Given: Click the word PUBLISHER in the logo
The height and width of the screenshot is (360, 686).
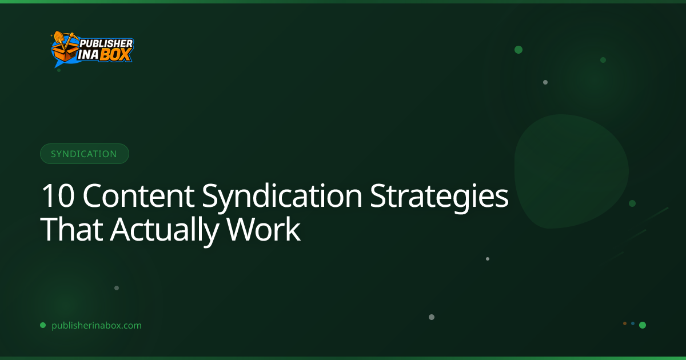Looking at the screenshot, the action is pyautogui.click(x=106, y=43).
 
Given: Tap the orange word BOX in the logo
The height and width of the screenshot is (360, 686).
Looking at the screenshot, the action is pyautogui.click(x=116, y=55).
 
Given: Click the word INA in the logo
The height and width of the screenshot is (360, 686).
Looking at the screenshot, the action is pyautogui.click(x=88, y=55).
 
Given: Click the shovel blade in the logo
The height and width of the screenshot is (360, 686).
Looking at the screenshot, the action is pyautogui.click(x=58, y=37).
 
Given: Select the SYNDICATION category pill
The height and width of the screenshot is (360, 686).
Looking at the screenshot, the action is pyautogui.click(x=85, y=154).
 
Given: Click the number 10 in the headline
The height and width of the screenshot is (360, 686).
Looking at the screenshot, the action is pyautogui.click(x=58, y=196).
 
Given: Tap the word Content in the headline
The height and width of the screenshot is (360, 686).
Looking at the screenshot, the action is pyautogui.click(x=138, y=196).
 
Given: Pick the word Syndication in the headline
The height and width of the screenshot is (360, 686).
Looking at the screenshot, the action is pyautogui.click(x=282, y=198).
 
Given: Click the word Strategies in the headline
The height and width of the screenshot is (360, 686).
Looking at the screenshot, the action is pyautogui.click(x=439, y=198).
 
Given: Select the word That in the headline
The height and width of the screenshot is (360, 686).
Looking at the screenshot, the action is pyautogui.click(x=71, y=229).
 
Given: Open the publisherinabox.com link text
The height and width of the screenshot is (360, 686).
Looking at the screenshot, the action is pyautogui.click(x=97, y=325).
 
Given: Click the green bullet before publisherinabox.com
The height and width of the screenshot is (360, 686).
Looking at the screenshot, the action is pyautogui.click(x=43, y=325).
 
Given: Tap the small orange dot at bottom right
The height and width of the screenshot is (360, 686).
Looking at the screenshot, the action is pyautogui.click(x=625, y=323).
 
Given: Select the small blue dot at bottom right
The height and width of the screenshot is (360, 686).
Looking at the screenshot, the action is pyautogui.click(x=633, y=323).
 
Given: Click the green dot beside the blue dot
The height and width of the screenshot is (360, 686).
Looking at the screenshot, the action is pyautogui.click(x=643, y=325).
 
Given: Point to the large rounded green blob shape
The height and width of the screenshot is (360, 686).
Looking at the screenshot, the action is pyautogui.click(x=571, y=171).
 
